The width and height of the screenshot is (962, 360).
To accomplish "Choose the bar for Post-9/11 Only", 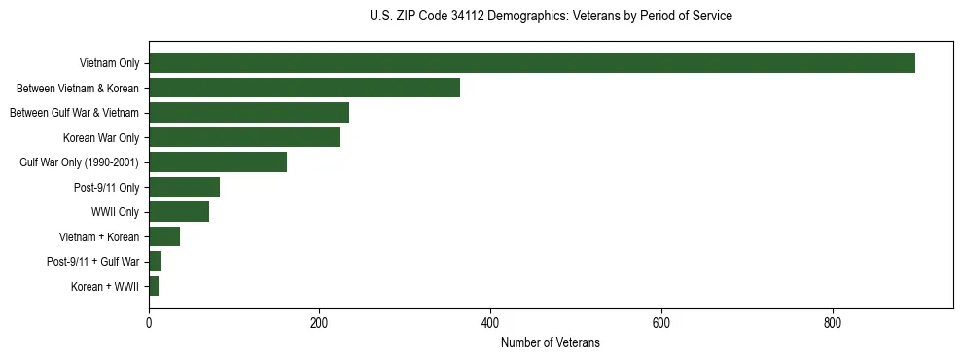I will [184, 187].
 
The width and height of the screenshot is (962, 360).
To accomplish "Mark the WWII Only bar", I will [179, 211].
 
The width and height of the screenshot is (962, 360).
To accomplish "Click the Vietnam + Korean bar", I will [164, 236].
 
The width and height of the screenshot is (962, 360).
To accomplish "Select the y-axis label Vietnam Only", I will [109, 64].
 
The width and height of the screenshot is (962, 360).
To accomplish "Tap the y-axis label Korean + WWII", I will [105, 287].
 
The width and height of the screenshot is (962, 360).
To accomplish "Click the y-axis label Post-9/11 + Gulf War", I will [92, 262].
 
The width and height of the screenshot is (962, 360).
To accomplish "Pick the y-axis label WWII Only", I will [115, 212].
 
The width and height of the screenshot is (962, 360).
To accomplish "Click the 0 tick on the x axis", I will [149, 323].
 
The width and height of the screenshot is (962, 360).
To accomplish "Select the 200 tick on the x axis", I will [319, 323].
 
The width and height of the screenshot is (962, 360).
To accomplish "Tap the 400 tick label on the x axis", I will [490, 323].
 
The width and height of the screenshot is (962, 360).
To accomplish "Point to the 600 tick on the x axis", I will [661, 323].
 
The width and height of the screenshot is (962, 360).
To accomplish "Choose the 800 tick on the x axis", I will [833, 323].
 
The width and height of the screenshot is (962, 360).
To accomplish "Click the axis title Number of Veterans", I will [551, 342].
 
